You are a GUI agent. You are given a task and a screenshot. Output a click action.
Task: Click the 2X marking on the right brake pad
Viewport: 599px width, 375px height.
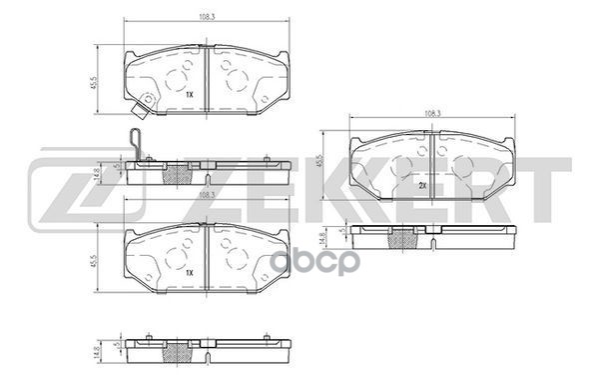tap(423, 187)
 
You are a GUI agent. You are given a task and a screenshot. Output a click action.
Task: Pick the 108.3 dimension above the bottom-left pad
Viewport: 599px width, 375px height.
tap(207, 197)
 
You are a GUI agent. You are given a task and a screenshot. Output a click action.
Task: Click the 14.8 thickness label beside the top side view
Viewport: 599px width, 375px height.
tap(96, 172)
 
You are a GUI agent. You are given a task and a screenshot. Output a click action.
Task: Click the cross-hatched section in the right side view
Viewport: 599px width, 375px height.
tap(405, 240)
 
